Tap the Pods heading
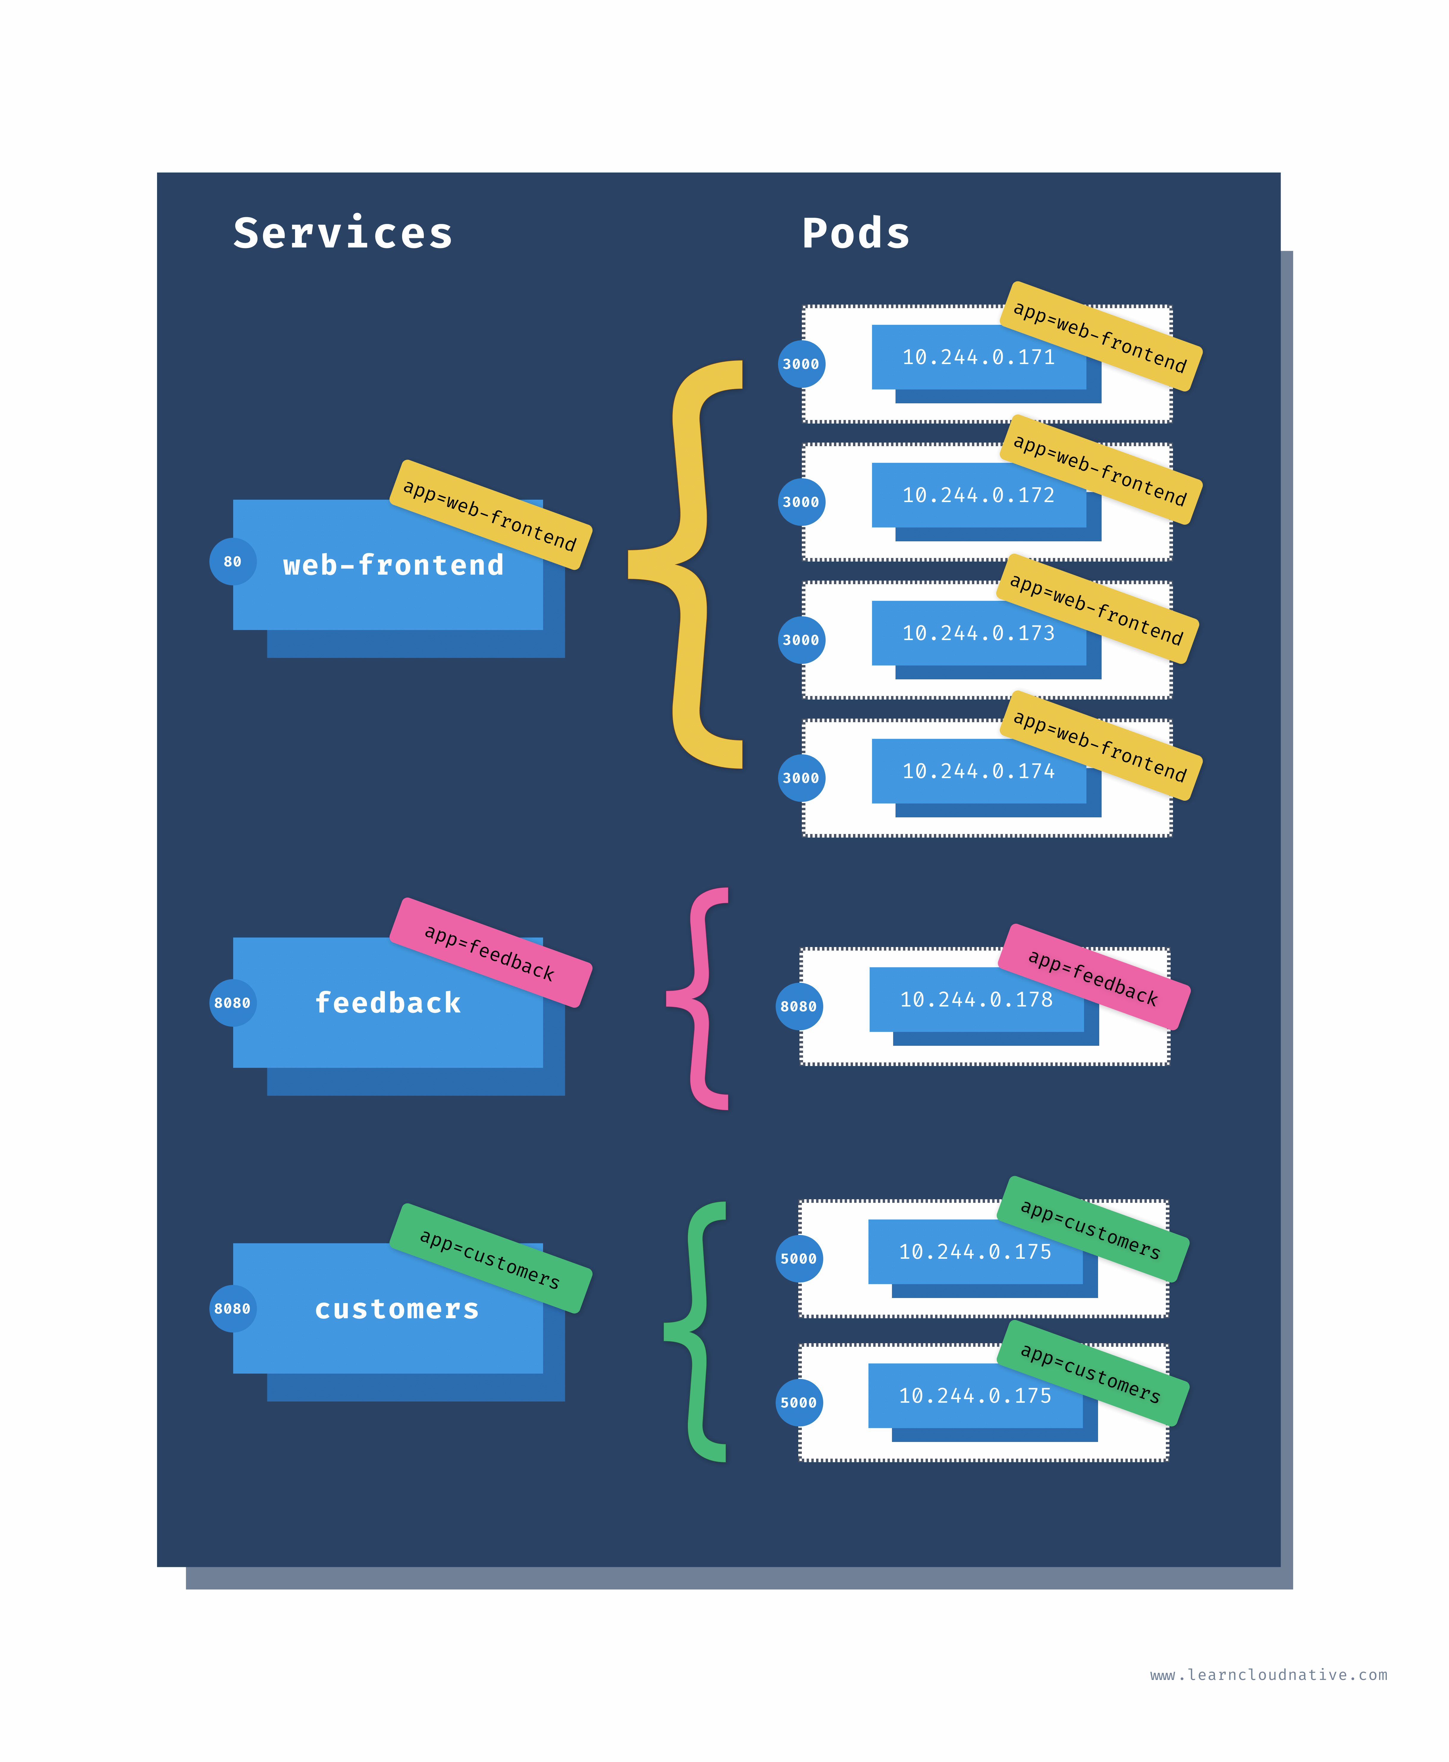[856, 234]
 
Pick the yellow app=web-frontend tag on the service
[491, 515]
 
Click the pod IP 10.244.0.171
[978, 357]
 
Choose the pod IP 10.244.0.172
[978, 495]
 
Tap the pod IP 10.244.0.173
[978, 634]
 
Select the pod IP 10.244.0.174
[978, 771]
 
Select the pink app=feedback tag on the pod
[1093, 976]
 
